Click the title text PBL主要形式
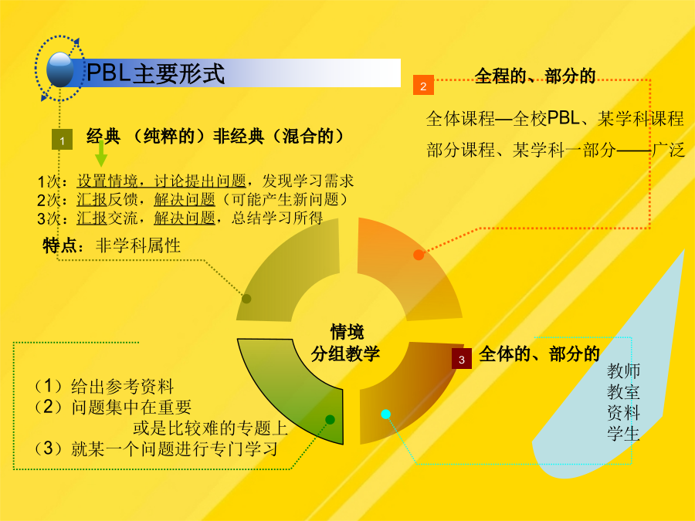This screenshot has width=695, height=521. click(155, 73)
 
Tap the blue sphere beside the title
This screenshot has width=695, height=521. click(60, 69)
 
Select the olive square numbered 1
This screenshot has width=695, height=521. click(62, 140)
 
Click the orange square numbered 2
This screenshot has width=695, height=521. click(423, 85)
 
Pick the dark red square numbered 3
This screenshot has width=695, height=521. click(462, 359)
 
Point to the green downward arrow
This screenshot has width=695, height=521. click(101, 154)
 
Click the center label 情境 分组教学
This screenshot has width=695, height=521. click(346, 343)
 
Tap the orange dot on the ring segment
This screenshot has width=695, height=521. click(419, 255)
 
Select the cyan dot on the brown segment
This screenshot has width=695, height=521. click(385, 414)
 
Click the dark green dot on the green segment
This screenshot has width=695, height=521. click(330, 420)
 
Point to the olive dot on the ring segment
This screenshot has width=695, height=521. click(246, 299)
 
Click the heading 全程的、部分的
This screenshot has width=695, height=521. click(535, 76)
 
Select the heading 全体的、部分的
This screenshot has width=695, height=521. click(539, 354)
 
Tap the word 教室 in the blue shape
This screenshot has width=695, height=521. click(623, 392)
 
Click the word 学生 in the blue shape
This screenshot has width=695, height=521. click(623, 433)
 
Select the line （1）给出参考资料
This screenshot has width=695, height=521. click(103, 387)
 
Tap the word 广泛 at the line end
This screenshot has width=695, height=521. click(669, 150)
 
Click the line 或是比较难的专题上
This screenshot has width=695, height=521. click(211, 428)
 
